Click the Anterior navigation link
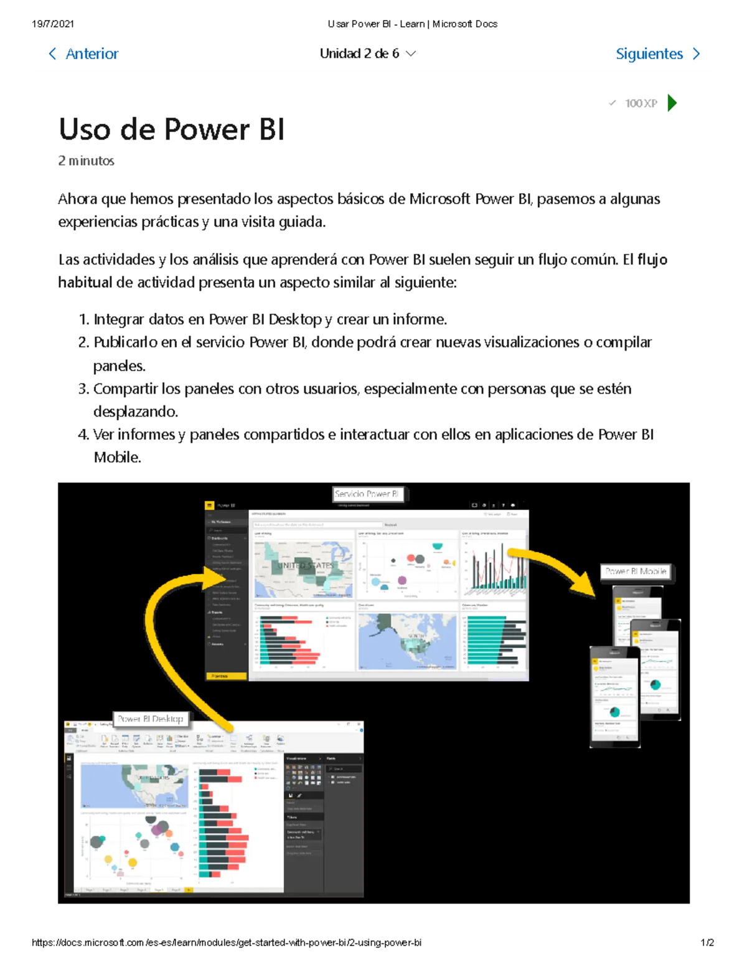pyautogui.click(x=92, y=54)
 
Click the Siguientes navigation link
pyautogui.click(x=649, y=54)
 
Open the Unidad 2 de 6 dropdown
pyautogui.click(x=367, y=54)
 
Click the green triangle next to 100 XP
pyautogui.click(x=672, y=103)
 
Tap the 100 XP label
pyautogui.click(x=641, y=103)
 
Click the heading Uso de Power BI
pyautogui.click(x=171, y=130)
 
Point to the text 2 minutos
pyautogui.click(x=86, y=161)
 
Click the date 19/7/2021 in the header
pyautogui.click(x=53, y=24)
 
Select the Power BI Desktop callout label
pyautogui.click(x=150, y=719)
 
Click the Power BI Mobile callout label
pyautogui.click(x=636, y=571)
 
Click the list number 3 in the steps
pyautogui.click(x=83, y=389)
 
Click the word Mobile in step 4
pyautogui.click(x=117, y=458)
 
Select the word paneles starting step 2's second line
pyautogui.click(x=118, y=366)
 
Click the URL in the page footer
pyautogui.click(x=227, y=943)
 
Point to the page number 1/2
pyautogui.click(x=707, y=943)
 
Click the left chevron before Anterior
pyautogui.click(x=52, y=54)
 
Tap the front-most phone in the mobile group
pyautogui.click(x=614, y=696)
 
